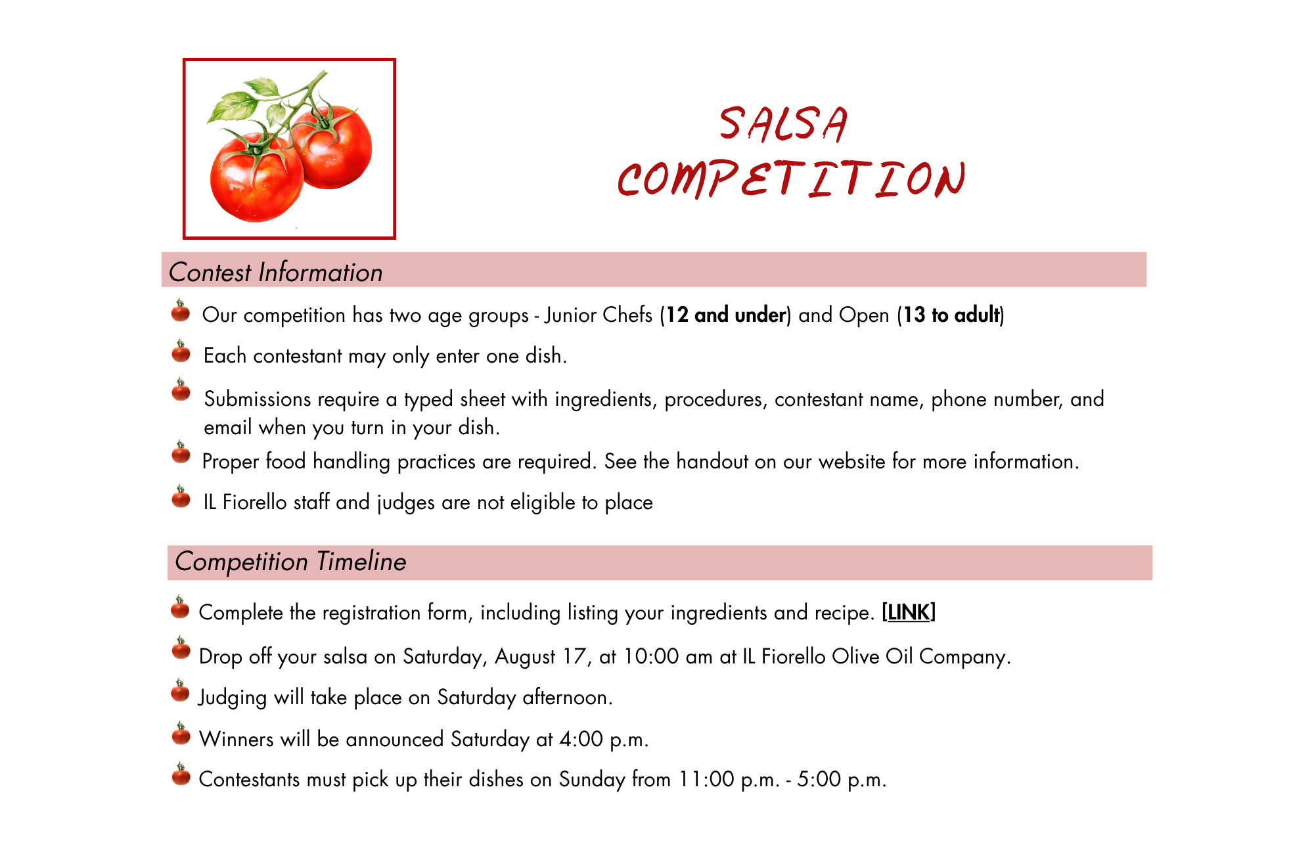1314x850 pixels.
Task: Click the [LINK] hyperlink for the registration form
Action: pos(909,612)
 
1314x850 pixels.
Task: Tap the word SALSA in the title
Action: pos(784,124)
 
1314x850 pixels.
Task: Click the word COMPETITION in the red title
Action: pos(792,179)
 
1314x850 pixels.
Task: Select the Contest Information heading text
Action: pos(276,272)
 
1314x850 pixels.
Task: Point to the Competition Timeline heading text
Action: pos(290,562)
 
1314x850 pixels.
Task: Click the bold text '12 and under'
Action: pos(726,315)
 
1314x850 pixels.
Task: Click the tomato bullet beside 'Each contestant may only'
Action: pos(181,351)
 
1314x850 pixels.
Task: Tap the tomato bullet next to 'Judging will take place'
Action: pos(180,691)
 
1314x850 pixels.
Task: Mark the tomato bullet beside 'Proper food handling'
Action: pos(181,453)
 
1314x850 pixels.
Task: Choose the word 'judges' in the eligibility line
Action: pos(406,503)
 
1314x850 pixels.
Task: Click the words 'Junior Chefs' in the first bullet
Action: pos(599,315)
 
